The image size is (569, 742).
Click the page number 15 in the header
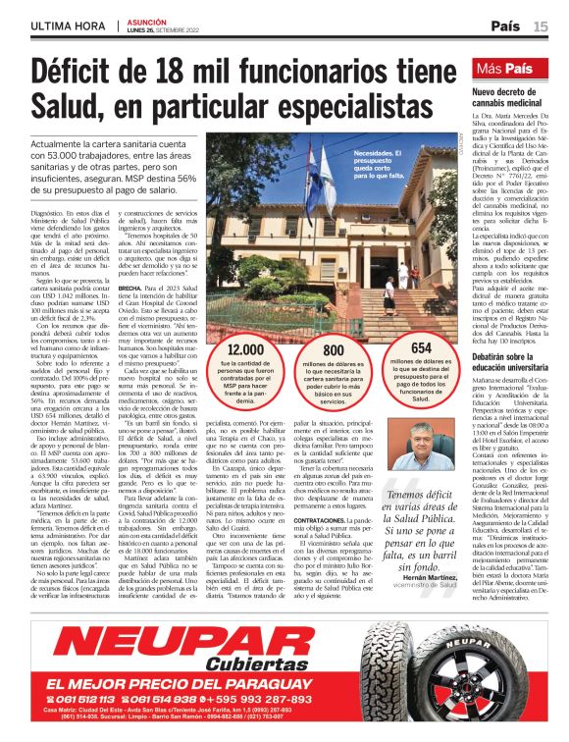[x=542, y=26]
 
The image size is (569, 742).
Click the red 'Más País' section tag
[x=505, y=70]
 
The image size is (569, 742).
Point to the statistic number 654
[x=421, y=347]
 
